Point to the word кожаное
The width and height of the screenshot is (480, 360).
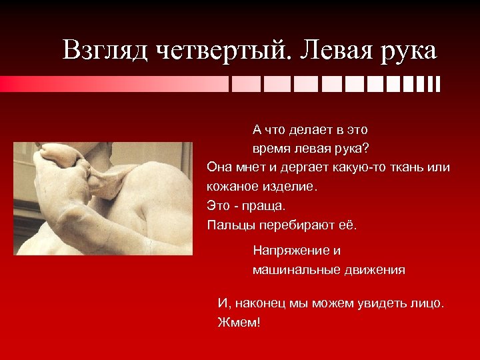(x=232, y=186)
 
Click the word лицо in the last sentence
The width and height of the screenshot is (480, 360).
(x=426, y=303)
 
